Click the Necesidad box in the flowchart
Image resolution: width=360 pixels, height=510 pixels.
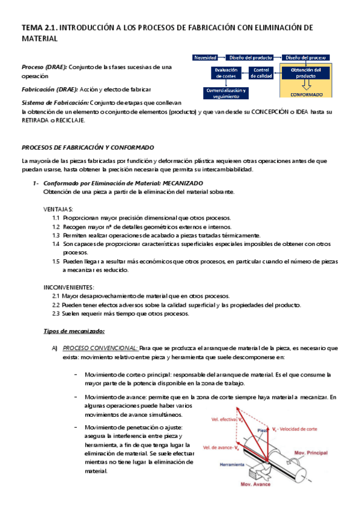tap(204, 57)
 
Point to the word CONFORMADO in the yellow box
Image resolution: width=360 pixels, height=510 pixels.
tap(305, 95)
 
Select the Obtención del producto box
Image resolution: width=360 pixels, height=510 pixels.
tap(305, 73)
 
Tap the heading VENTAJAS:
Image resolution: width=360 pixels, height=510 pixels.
tap(58, 209)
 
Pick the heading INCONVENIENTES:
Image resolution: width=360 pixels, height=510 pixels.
tap(69, 287)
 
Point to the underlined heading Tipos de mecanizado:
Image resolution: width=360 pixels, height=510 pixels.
tap(75, 331)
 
